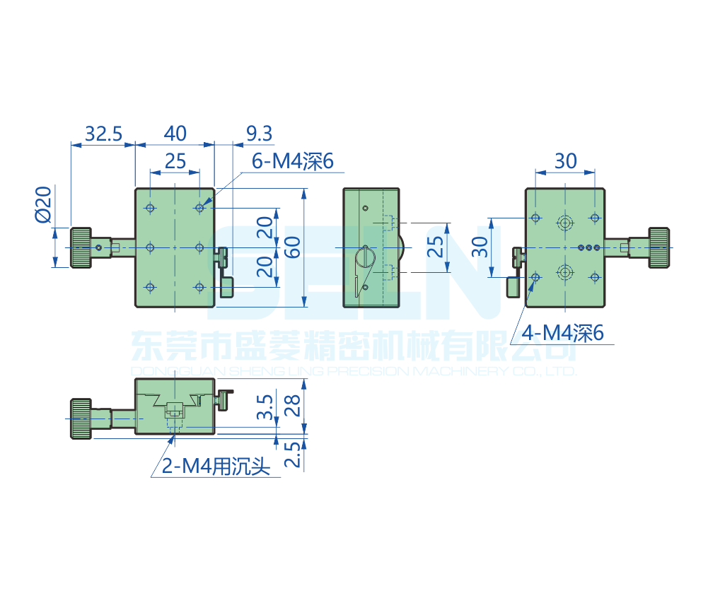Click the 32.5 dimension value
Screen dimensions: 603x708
(x=103, y=133)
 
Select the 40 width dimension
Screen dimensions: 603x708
(x=175, y=133)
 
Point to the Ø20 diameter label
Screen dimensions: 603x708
(x=44, y=204)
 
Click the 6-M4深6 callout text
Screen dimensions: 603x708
(x=292, y=162)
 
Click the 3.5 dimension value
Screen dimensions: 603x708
(x=265, y=408)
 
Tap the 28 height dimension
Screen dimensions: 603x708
(x=292, y=405)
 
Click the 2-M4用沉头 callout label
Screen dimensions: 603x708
(x=216, y=467)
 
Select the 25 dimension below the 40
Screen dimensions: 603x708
(x=175, y=161)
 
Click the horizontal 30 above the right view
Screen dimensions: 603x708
(x=565, y=161)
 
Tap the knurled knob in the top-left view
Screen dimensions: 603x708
(x=80, y=247)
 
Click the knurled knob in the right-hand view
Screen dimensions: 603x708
(x=659, y=247)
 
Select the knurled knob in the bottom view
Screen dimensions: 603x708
(x=79, y=418)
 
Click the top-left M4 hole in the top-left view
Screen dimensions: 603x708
(x=150, y=209)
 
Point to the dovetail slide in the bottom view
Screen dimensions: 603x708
(x=174, y=403)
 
